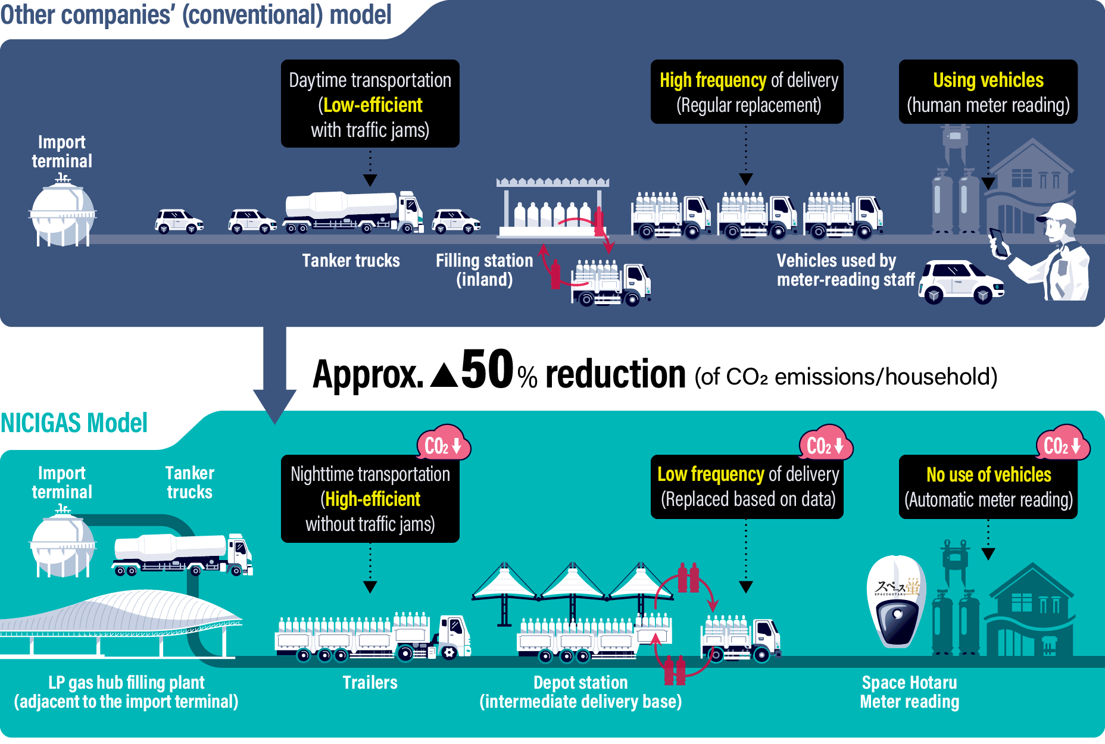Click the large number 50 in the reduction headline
click(486, 370)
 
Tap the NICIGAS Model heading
click(74, 423)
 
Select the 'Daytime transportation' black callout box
click(370, 104)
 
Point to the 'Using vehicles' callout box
click(988, 92)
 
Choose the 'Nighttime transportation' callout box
click(370, 499)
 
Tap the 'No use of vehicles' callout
click(988, 487)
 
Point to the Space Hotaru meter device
click(895, 601)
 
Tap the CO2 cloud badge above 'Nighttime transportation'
click(443, 445)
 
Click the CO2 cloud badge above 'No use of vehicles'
click(1063, 445)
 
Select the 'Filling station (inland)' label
click(484, 270)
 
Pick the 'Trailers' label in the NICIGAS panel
click(370, 683)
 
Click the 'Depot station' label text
click(580, 683)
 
